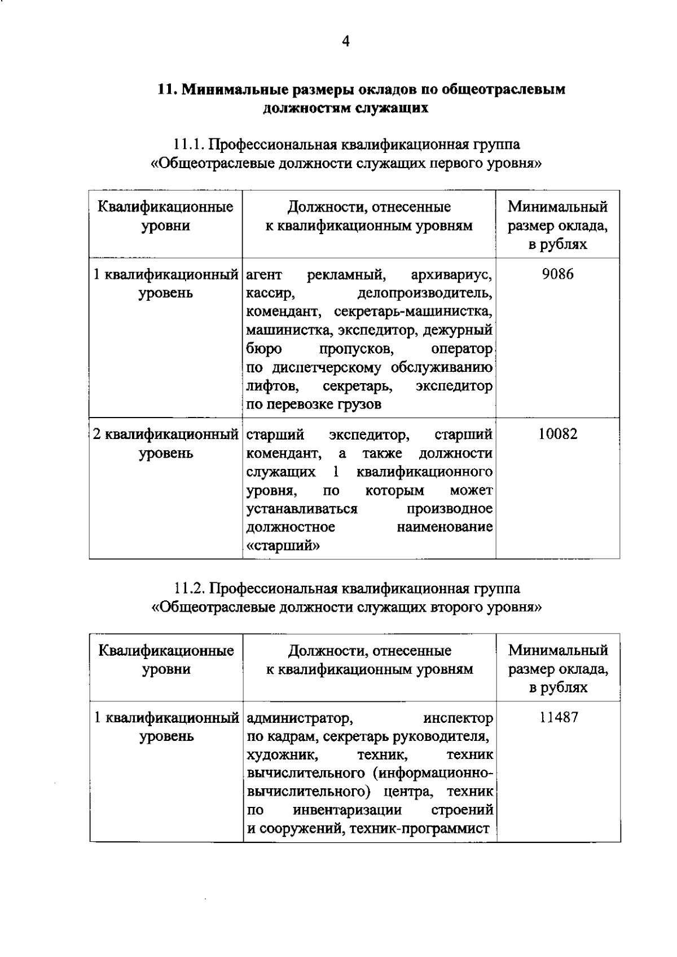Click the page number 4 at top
point(346,41)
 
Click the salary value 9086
point(557,275)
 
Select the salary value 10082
point(557,434)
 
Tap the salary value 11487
point(559,718)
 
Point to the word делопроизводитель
point(425,293)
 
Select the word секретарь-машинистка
point(413,312)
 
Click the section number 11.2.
point(188,589)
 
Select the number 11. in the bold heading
point(168,89)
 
